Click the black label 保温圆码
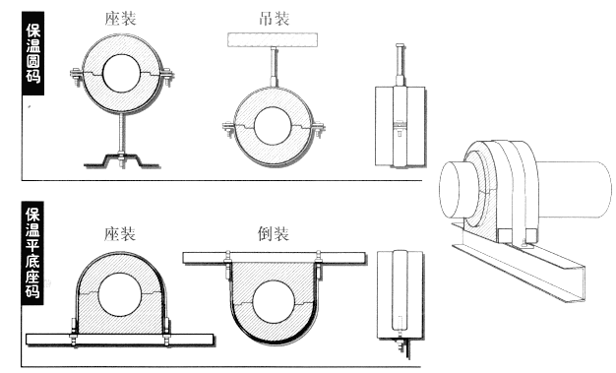pos(33,53)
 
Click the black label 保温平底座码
pos(32,253)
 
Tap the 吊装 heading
pos(275,19)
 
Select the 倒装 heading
pos(274,234)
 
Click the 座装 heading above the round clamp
pos(120,19)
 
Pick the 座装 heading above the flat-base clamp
pos(120,234)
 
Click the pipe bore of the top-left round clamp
pos(121,74)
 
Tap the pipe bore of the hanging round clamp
pos(273,126)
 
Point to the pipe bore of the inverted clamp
pos(274,302)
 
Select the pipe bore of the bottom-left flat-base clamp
pos(119,295)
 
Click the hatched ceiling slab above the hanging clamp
pos(273,40)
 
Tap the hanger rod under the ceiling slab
pos(274,66)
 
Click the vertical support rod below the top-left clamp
pos(121,133)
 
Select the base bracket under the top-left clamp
pos(122,160)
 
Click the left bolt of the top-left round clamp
pos(76,77)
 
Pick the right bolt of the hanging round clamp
pos(319,130)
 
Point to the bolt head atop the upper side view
pos(400,45)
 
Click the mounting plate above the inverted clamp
pos(275,258)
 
